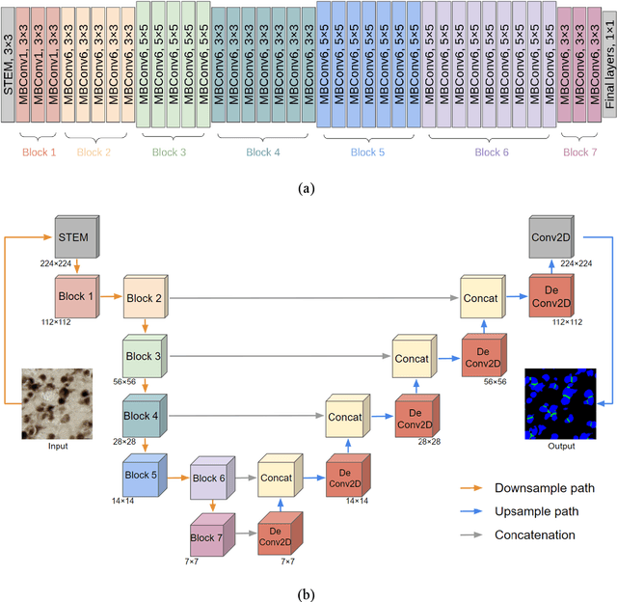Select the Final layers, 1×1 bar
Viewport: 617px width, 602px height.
click(x=607, y=62)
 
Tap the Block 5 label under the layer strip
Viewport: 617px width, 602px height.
click(x=367, y=151)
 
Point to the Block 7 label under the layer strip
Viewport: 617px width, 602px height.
click(x=579, y=151)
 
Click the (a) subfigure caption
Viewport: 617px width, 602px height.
click(x=308, y=188)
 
